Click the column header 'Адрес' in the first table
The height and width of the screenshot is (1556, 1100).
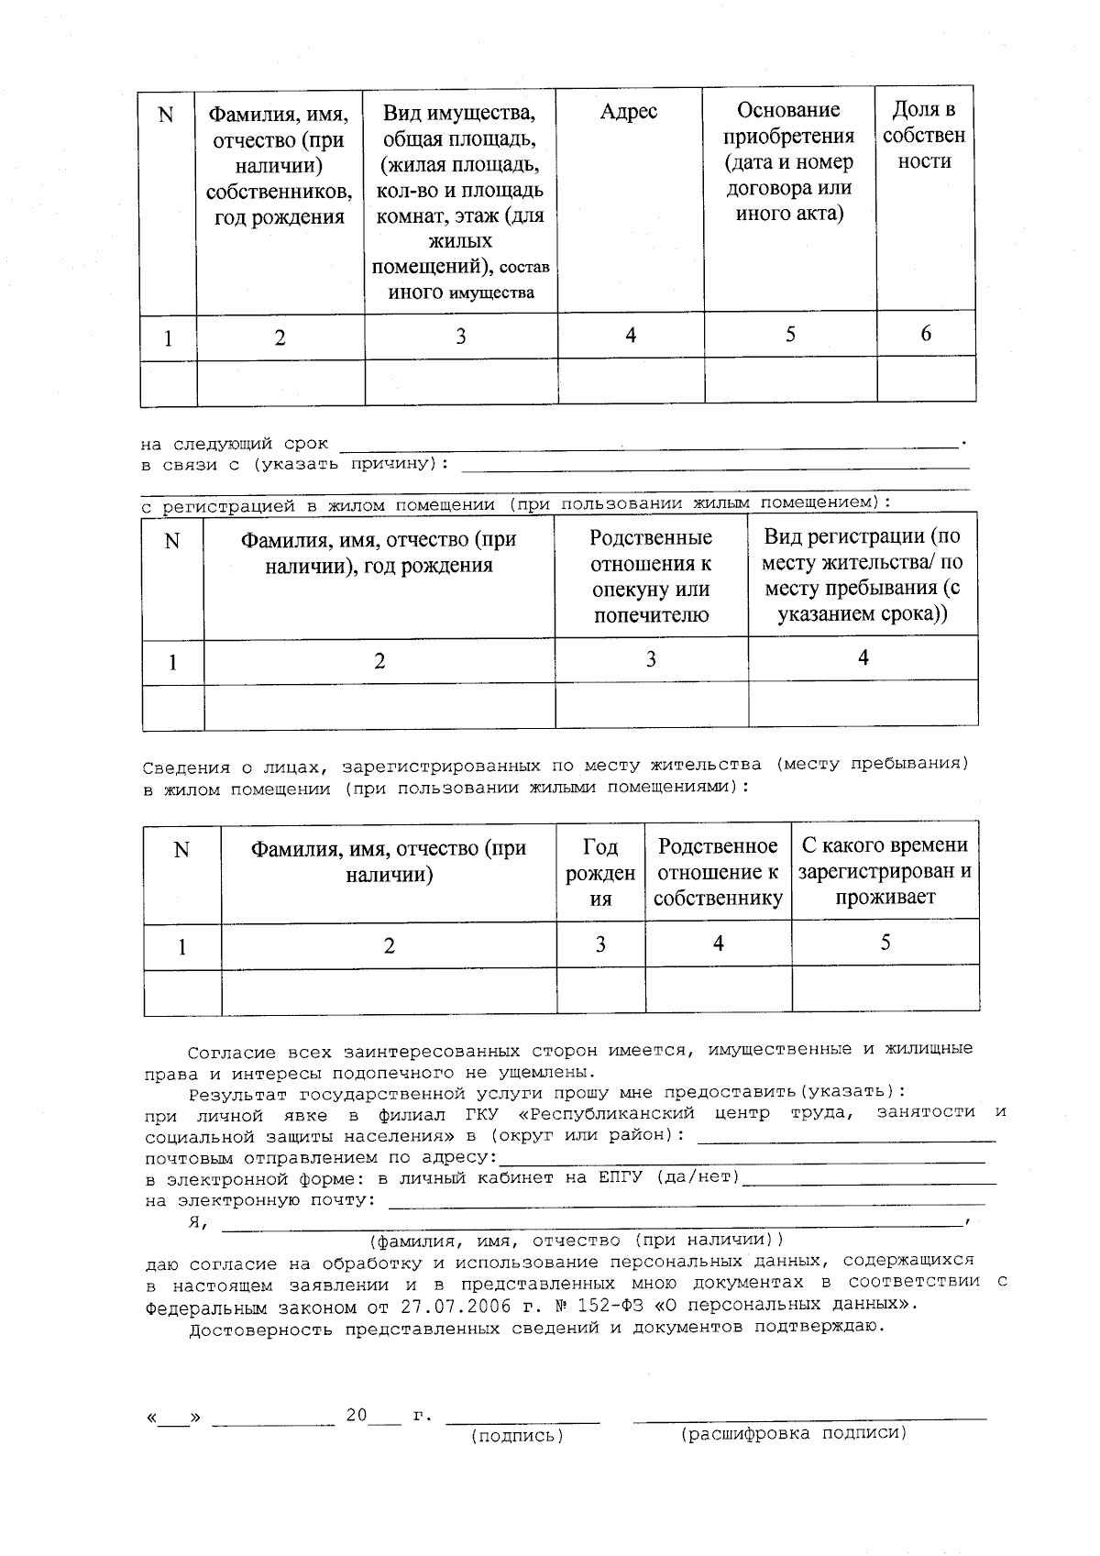(629, 112)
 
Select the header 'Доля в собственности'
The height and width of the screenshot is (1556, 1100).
(924, 136)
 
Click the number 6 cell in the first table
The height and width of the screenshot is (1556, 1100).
(926, 334)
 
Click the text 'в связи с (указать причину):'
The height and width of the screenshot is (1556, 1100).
(295, 465)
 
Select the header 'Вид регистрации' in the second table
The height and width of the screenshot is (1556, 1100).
(862, 575)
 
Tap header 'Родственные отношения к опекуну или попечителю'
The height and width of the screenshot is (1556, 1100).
(651, 576)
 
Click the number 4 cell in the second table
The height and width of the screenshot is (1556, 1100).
(863, 657)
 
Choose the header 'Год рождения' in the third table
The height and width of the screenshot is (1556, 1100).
(600, 873)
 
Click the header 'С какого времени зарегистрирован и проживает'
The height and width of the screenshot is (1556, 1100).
(885, 871)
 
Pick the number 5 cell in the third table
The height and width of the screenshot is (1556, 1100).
(885, 943)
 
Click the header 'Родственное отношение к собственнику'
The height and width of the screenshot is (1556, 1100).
(718, 872)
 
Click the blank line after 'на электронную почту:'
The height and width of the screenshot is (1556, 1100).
(687, 1201)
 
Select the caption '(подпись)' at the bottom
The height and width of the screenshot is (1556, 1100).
(517, 1436)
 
